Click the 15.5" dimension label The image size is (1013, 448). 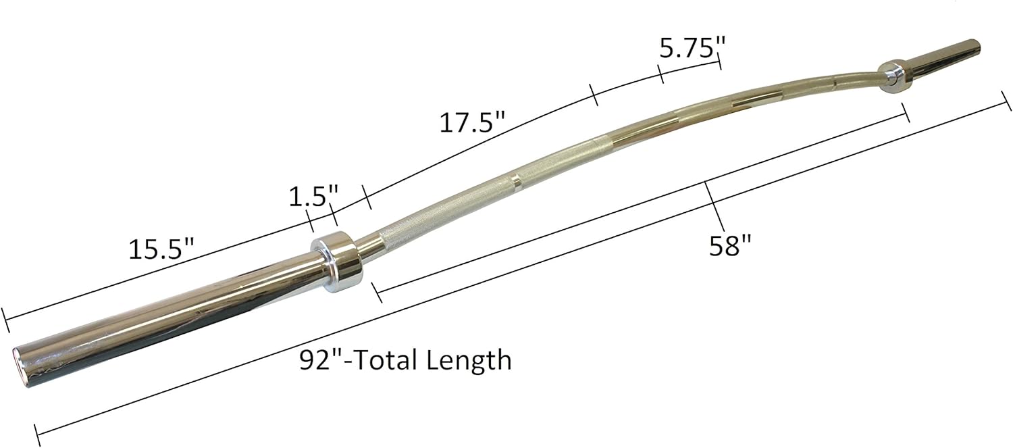pyautogui.click(x=161, y=250)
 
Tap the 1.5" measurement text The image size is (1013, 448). pyautogui.click(x=313, y=198)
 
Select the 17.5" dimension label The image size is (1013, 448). pyautogui.click(x=472, y=123)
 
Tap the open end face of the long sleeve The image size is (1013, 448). pyautogui.click(x=28, y=358)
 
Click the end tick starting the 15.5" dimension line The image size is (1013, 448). pyautogui.click(x=6, y=320)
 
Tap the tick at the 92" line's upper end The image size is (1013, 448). pyautogui.click(x=1006, y=107)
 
